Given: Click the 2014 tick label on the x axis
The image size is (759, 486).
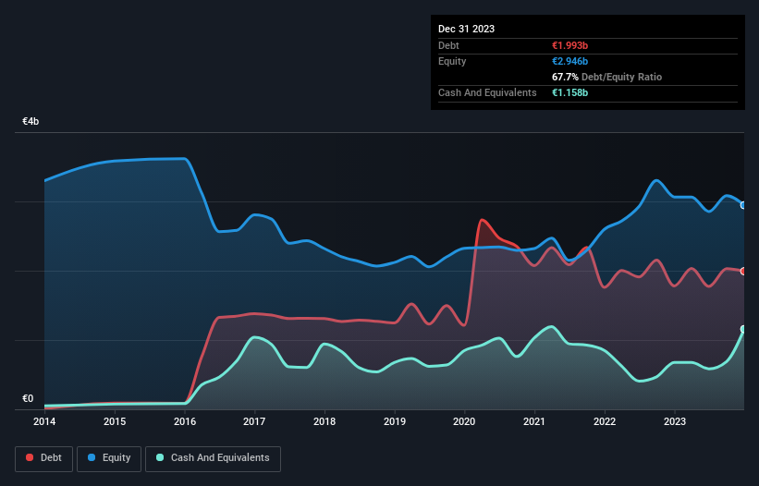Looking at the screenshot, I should [44, 422].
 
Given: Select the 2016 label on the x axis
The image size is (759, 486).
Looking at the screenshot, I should [185, 422].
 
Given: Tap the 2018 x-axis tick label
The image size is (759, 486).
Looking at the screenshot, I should [324, 422].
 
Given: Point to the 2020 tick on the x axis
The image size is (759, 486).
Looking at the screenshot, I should [465, 422].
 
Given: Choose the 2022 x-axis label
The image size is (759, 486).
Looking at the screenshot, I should [605, 422].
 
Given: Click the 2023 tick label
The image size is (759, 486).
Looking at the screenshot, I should [675, 422].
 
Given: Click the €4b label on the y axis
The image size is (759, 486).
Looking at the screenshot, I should [31, 122].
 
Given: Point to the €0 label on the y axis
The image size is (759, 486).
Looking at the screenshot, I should [28, 399].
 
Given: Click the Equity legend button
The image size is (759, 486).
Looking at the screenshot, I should [109, 458].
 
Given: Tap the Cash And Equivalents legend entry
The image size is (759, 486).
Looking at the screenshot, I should [213, 458].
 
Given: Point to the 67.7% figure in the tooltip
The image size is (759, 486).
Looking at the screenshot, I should [565, 77].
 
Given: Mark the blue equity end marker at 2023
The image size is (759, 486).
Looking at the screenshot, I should [743, 205].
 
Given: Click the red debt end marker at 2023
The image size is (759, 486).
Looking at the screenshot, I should [743, 271].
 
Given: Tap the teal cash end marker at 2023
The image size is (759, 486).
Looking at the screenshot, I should [743, 329].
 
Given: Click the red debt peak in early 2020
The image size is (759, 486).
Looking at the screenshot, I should [482, 220].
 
